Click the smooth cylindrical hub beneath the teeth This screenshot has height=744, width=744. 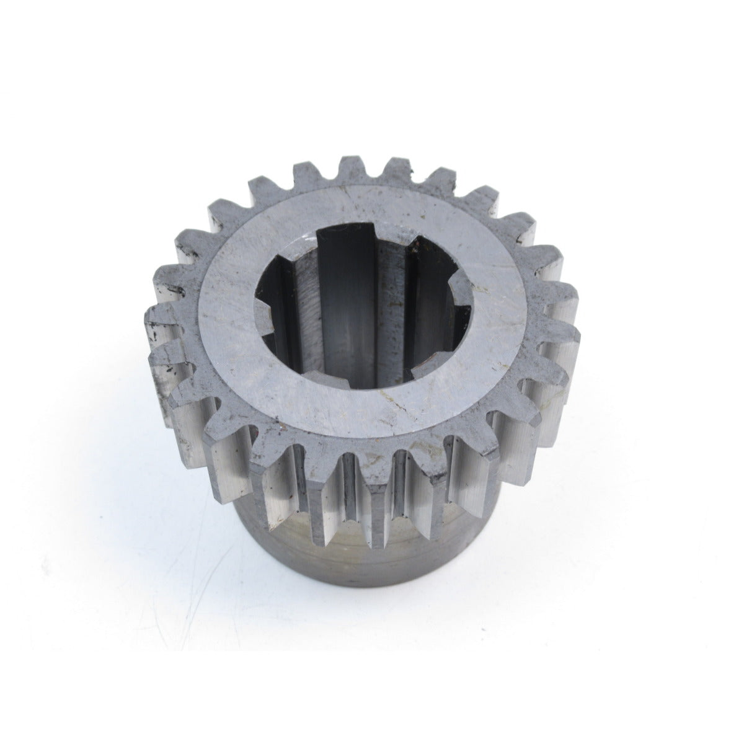pos(366,558)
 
